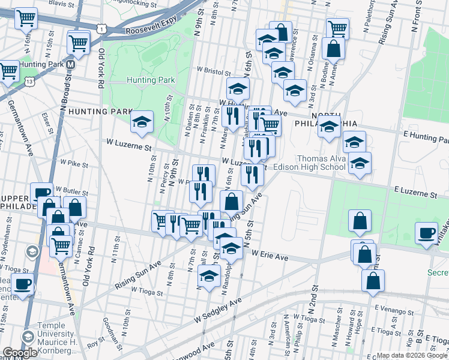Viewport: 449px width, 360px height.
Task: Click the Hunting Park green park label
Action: [x=151, y=80]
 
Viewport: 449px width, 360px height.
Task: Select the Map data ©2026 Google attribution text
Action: [x=409, y=355]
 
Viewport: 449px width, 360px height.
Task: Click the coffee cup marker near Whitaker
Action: [x=427, y=233]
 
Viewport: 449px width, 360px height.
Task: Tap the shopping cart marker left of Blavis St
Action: [x=25, y=19]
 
